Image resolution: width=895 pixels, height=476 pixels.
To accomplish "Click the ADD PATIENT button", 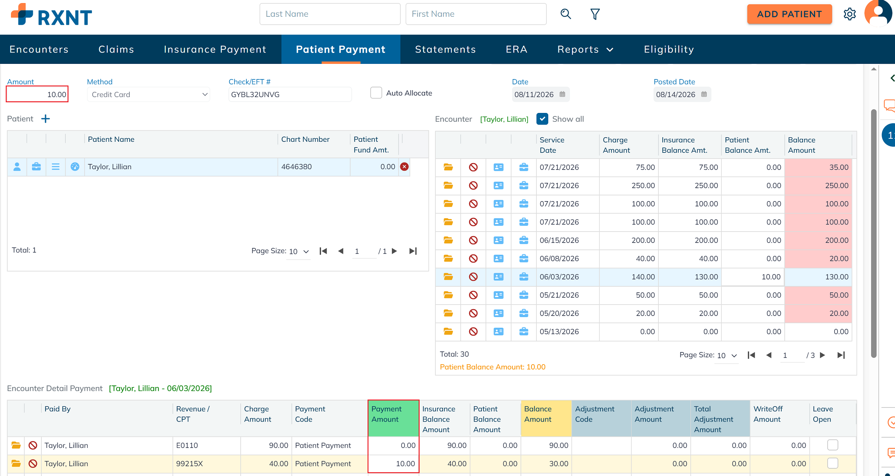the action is coord(789,14).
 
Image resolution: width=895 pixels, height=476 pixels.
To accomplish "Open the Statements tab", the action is coord(445,49).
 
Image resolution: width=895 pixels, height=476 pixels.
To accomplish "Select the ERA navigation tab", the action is coord(516,49).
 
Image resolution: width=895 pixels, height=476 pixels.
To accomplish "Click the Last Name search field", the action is coord(330,14).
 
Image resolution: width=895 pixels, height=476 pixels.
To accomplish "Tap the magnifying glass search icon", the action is coord(566,14).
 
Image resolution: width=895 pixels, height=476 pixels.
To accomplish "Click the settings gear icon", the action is coord(850,14).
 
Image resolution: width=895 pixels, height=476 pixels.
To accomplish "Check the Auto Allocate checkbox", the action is coord(376,93).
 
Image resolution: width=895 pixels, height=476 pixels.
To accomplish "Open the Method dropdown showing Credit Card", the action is coord(149,94).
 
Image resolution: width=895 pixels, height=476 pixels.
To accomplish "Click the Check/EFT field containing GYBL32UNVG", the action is coord(290,94).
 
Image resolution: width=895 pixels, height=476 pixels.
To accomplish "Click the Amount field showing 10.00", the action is coord(37,94).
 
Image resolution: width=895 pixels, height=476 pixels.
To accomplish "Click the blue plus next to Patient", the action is coord(46,119).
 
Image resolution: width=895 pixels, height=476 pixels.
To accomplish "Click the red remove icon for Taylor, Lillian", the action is coord(404,167).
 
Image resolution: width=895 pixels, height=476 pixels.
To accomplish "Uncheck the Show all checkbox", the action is coord(542,119).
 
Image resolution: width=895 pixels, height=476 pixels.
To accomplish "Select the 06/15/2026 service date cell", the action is coord(559,240).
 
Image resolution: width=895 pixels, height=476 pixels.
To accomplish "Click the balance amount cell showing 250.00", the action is coord(818,186).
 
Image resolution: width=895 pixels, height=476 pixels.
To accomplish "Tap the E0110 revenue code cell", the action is coord(207,445).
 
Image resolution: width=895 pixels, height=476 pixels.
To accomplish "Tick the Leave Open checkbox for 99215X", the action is coord(833,463).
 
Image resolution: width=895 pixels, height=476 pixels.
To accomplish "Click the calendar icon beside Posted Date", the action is coord(704,94).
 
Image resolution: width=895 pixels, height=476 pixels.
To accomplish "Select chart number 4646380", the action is coord(297,167).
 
